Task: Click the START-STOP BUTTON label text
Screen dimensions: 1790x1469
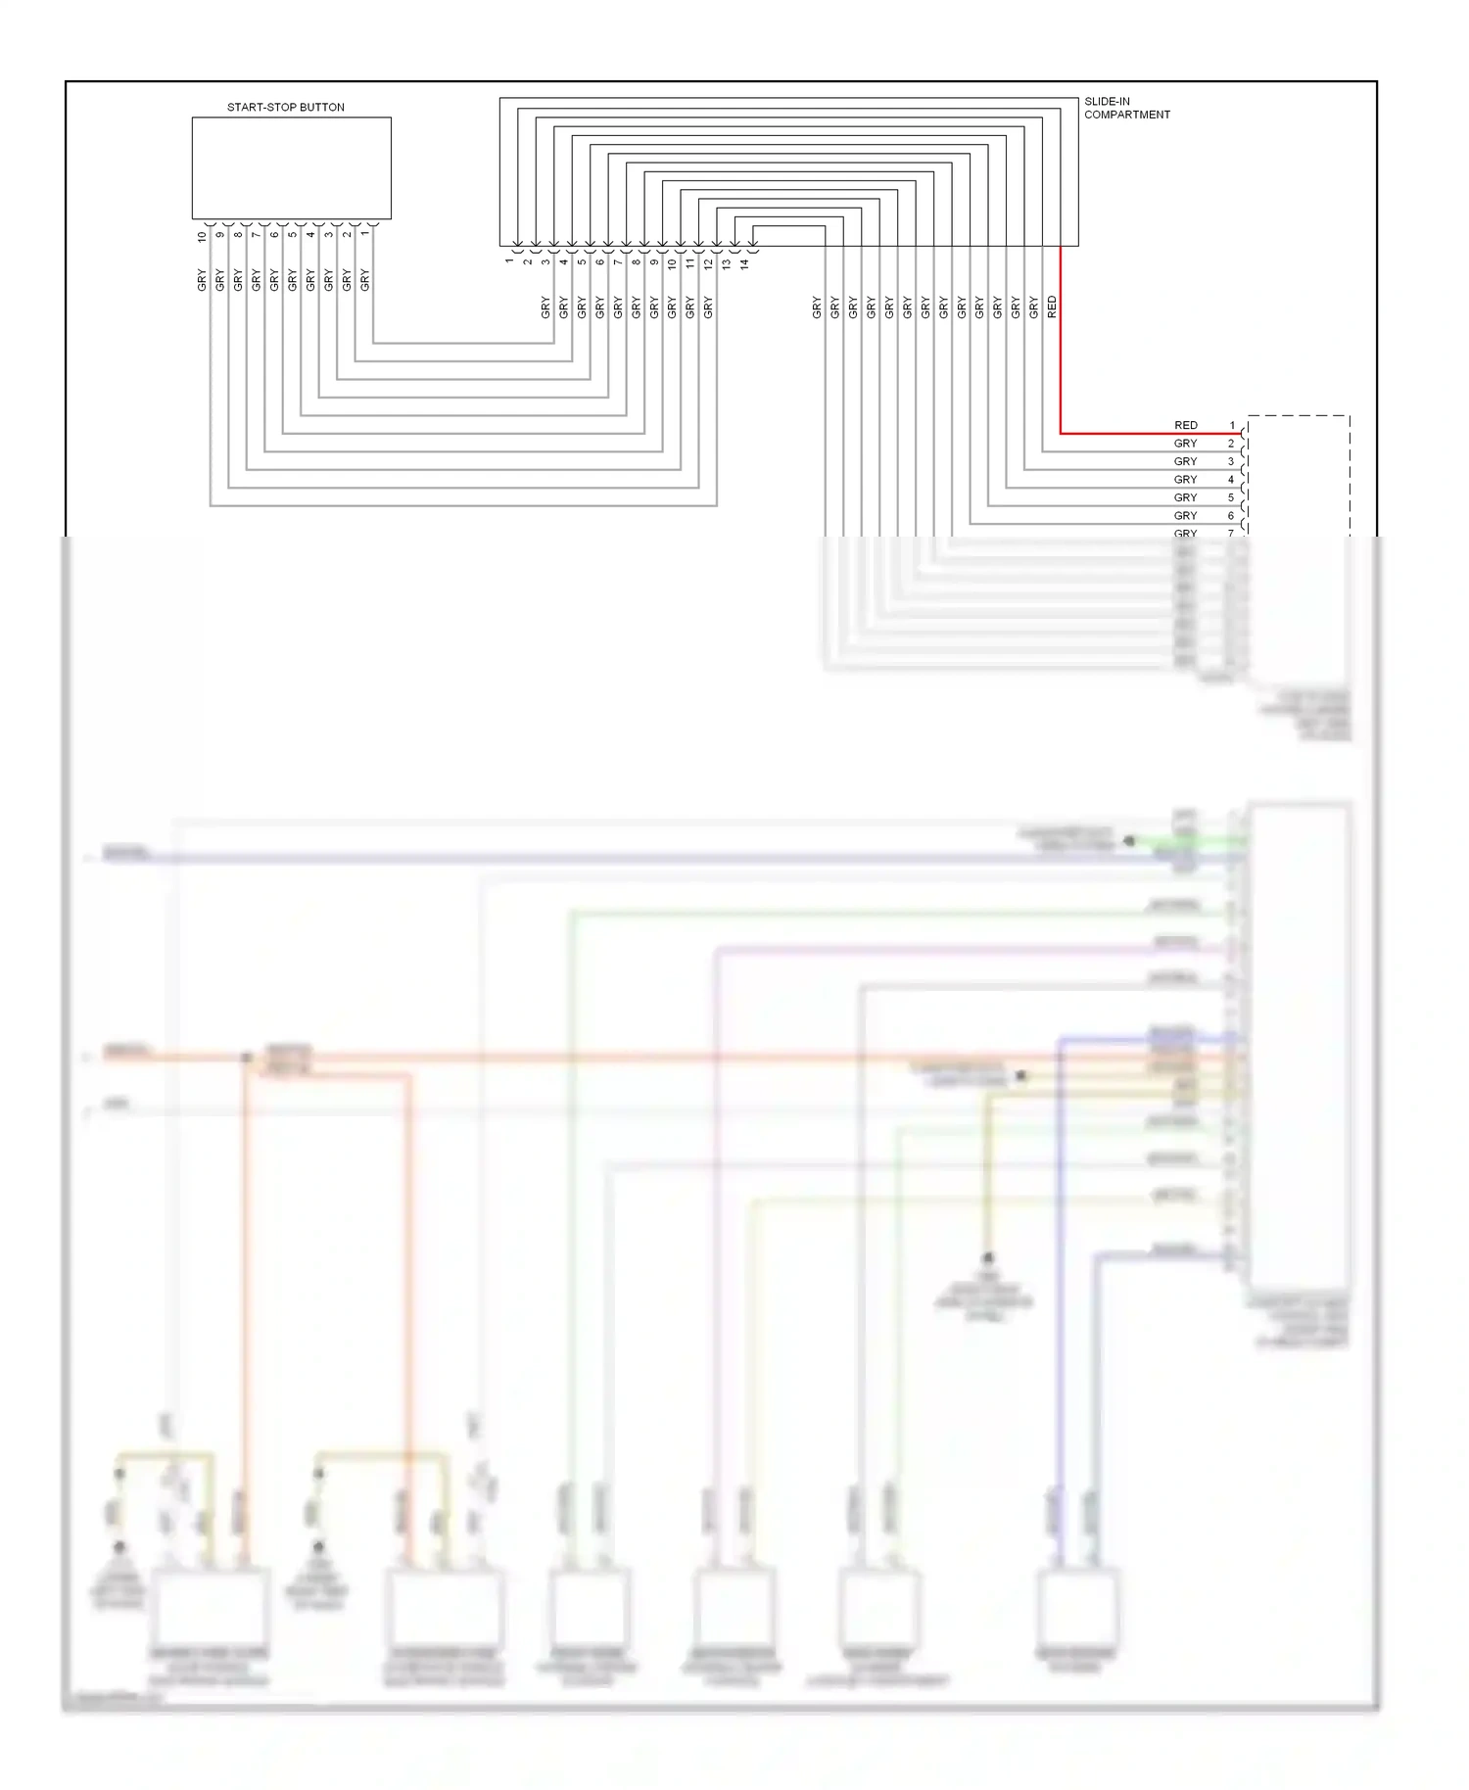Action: pos(285,108)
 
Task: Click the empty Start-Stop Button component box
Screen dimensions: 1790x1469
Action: pos(291,167)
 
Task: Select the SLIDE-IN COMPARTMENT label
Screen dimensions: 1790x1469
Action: pos(1126,108)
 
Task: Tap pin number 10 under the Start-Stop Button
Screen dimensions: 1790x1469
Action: pos(203,235)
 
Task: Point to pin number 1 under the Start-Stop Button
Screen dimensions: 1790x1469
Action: pos(365,233)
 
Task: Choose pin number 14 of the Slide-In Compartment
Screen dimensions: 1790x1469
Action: pos(745,263)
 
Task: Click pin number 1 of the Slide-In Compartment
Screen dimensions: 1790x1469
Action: pos(509,260)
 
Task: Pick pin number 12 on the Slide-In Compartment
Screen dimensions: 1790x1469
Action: pos(709,263)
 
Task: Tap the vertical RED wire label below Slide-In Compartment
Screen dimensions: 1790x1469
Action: pos(1052,307)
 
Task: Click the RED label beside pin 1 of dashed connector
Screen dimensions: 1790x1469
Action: pos(1185,426)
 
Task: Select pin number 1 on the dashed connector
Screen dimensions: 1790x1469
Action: pos(1232,426)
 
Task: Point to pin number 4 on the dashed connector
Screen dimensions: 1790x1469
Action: pos(1232,480)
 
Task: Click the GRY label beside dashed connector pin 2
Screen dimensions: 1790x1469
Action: pos(1185,444)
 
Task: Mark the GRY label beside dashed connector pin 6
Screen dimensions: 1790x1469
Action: pos(1185,516)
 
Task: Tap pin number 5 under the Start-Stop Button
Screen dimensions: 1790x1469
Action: pos(293,233)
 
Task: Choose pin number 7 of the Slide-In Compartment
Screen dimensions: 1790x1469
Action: pos(618,261)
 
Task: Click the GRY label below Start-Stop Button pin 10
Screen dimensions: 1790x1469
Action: pos(203,280)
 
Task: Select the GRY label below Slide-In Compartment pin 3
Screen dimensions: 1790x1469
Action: pos(545,307)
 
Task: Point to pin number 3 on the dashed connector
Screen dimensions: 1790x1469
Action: pos(1232,462)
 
